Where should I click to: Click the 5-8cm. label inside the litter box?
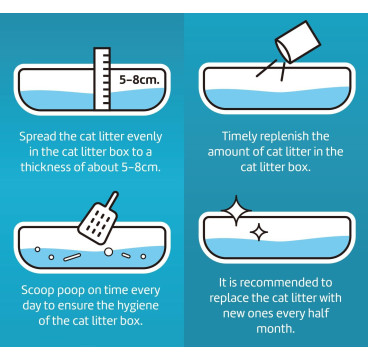pos(139,80)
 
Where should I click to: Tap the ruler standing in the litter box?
pos(102,79)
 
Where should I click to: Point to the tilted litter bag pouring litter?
pos(297,42)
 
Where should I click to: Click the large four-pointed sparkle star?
pos(236,211)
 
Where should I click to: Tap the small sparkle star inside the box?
pos(259,232)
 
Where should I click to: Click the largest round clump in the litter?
pos(108,252)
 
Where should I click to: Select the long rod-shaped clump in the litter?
pos(72,257)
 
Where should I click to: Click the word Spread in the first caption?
pos(37,137)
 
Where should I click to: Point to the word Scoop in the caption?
pos(37,291)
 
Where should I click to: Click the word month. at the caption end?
pos(275,329)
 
